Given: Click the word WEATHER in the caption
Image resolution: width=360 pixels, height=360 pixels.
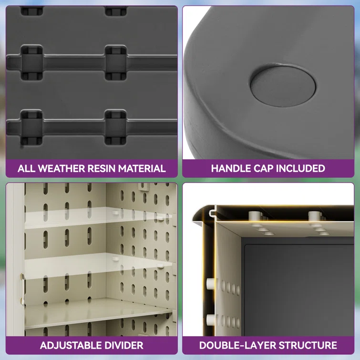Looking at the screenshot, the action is click(x=62, y=168).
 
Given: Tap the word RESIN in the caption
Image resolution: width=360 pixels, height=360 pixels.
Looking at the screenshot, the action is click(x=101, y=168).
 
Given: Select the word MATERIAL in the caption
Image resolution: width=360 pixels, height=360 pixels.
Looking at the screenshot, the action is click(x=142, y=168).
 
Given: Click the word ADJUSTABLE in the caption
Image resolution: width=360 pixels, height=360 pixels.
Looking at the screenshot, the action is click(x=71, y=345).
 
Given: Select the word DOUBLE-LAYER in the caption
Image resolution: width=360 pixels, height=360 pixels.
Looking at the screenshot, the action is click(x=237, y=345).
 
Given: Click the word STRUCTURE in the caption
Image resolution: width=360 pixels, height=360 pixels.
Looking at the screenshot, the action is click(x=308, y=345).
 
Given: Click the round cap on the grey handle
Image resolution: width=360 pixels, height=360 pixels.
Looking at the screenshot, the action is click(x=283, y=87).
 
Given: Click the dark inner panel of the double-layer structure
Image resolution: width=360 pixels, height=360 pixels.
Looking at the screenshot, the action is click(x=299, y=290).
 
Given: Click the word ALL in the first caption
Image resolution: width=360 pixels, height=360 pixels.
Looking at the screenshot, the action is click(x=26, y=168).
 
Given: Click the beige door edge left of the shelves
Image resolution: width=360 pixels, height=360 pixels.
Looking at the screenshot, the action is click(x=15, y=259).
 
